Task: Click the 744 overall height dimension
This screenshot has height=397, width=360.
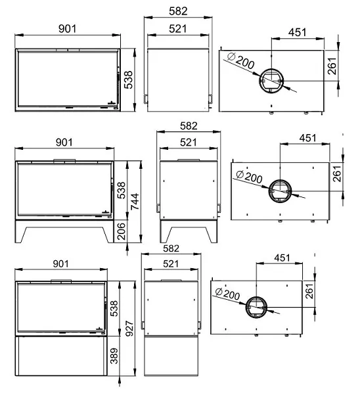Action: click(135, 201)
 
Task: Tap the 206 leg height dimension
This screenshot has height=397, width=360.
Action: click(122, 231)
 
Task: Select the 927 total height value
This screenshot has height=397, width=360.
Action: click(129, 329)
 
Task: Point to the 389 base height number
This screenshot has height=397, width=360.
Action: click(114, 356)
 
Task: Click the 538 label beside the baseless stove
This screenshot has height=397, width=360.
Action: click(128, 80)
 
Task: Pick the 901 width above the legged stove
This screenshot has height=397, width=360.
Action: click(64, 142)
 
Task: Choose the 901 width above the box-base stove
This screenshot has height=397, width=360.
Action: click(60, 264)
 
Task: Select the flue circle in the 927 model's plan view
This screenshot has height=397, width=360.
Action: click(256, 307)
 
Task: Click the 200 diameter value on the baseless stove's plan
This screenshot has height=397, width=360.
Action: click(245, 62)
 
